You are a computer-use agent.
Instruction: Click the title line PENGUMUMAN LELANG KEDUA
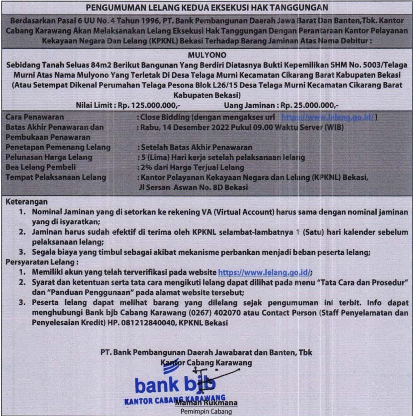206,7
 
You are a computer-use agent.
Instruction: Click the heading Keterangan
27,202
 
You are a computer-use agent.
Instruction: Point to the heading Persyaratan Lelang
42,263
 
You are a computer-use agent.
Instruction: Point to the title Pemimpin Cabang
206,411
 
